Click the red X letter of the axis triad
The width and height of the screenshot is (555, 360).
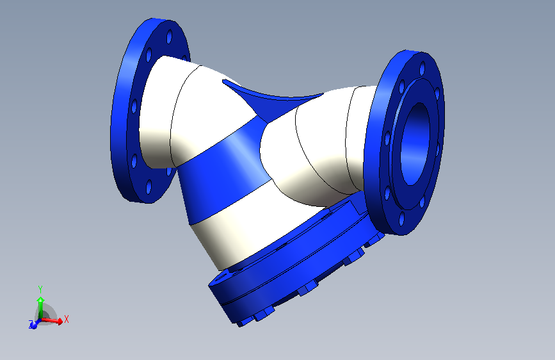(x=66, y=318)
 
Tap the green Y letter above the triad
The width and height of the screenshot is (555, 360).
(x=40, y=288)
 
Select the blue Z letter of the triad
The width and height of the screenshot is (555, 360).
(x=31, y=325)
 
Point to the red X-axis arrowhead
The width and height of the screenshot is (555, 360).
(x=60, y=321)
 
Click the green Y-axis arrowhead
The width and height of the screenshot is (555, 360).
(x=40, y=299)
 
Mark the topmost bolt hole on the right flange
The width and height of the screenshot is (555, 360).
(x=422, y=67)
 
